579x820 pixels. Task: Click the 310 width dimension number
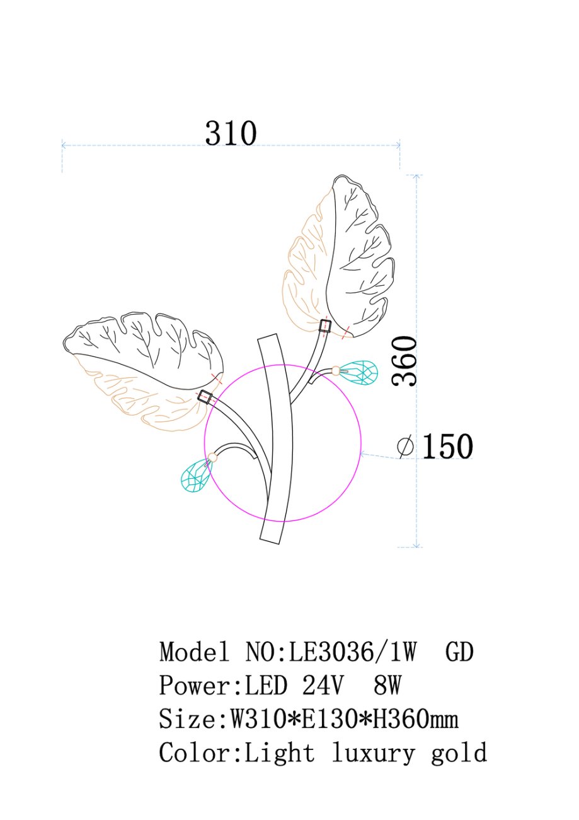coord(231,133)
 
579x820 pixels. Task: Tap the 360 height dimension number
coord(404,361)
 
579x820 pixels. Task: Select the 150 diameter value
coord(447,446)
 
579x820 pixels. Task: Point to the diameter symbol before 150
coord(405,446)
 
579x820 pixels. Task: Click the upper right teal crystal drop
coord(358,372)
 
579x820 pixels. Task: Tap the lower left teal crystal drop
coord(197,474)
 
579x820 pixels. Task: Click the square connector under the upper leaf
coord(324,326)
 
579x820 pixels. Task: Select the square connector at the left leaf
coord(205,397)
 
